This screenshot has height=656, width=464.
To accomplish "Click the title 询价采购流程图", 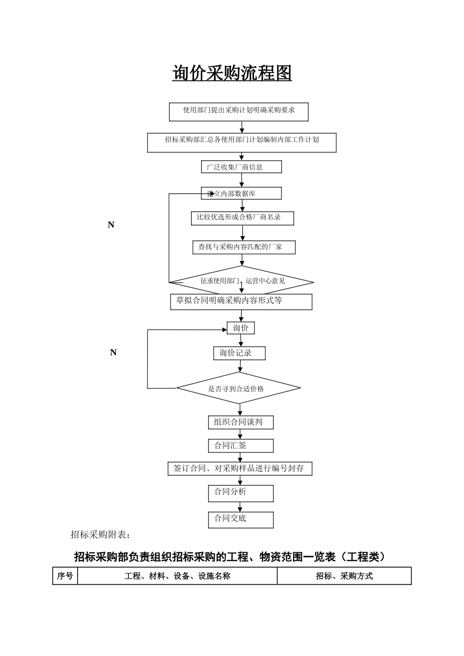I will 232,73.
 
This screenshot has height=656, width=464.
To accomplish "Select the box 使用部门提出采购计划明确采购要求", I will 239,111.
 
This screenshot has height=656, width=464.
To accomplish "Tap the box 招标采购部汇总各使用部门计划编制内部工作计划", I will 242,142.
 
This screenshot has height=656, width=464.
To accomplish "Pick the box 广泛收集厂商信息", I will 241,167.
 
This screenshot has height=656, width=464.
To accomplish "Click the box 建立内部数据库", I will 241,193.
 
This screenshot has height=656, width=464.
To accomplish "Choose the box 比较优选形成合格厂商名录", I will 242,218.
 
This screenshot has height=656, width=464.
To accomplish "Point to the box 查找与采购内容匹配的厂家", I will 244,247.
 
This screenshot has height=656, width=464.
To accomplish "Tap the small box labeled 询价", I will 241,328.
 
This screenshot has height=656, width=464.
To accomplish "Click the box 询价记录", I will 239,353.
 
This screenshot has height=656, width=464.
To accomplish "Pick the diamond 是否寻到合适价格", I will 238,389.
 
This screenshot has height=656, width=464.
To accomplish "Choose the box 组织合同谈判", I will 241,422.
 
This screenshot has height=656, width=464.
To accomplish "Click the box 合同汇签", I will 241,446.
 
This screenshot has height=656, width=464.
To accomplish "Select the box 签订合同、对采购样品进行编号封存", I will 240,469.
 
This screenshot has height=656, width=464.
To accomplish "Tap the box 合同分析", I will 241,493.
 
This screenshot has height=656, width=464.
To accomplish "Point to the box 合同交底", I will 241,519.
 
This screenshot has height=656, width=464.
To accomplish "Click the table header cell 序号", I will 65,576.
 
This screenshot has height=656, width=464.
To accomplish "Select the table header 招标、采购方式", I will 344,576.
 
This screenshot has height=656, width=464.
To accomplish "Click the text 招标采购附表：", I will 101,534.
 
